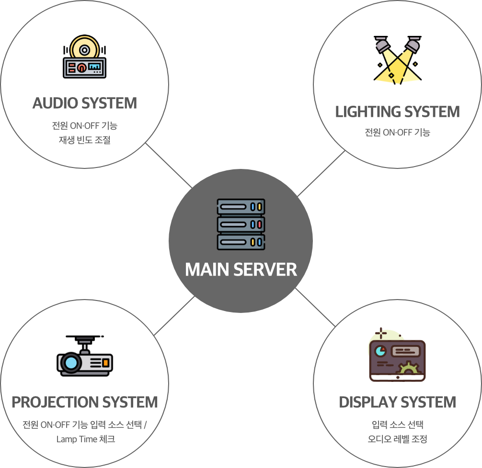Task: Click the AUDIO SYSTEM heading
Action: pyautogui.click(x=85, y=103)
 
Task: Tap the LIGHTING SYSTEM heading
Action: pyautogui.click(x=397, y=112)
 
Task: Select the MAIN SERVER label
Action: pyautogui.click(x=241, y=269)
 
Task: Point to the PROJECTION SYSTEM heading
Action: pyautogui.click(x=85, y=402)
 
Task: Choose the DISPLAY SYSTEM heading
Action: pyautogui.click(x=397, y=402)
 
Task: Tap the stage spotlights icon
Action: pyautogui.click(x=397, y=59)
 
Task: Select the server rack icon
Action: pyautogui.click(x=241, y=224)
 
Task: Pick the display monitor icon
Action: pyautogui.click(x=397, y=357)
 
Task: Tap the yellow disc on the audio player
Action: pyautogui.click(x=84, y=48)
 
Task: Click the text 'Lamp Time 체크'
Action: pyautogui.click(x=85, y=439)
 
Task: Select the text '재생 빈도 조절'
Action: pyautogui.click(x=85, y=141)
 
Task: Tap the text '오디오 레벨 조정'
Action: pyautogui.click(x=397, y=438)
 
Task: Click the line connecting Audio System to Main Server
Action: pyautogui.click(x=169, y=166)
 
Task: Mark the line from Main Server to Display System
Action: pyautogui.click(x=315, y=307)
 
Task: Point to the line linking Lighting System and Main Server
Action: pyautogui.click(x=321, y=174)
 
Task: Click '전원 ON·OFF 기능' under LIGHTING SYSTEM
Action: pyautogui.click(x=397, y=132)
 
